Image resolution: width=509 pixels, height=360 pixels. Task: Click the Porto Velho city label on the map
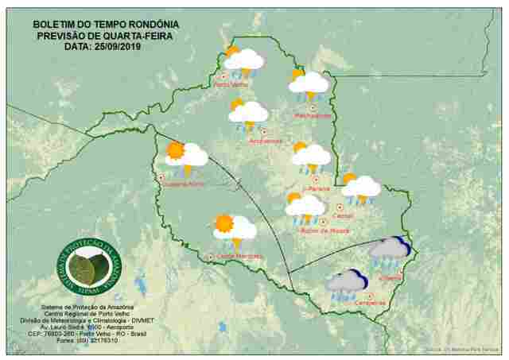pos(231,84)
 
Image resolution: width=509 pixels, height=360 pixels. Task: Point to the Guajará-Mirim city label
pos(184,184)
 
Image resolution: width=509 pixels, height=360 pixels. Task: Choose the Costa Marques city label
pos(239,256)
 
